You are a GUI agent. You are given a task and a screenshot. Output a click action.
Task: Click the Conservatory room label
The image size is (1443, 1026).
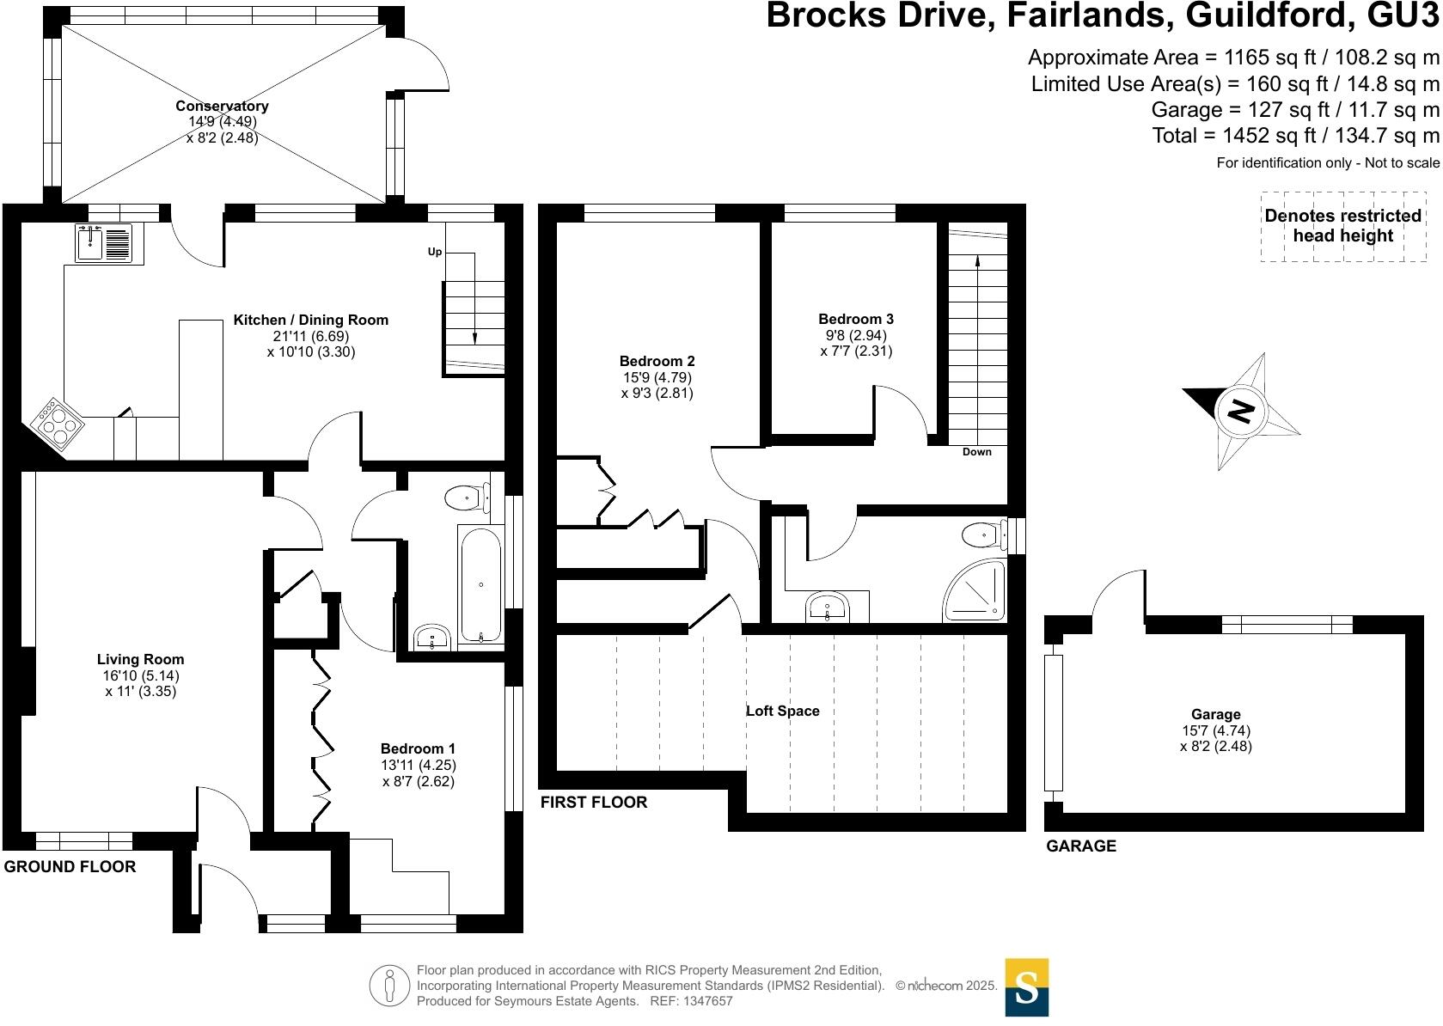coord(222,106)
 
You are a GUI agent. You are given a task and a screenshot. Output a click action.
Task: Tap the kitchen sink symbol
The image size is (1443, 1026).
coord(104,243)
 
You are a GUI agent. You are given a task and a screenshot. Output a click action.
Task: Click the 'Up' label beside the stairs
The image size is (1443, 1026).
coord(435,251)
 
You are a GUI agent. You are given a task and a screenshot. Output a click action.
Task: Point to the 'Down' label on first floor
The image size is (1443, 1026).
coord(976,451)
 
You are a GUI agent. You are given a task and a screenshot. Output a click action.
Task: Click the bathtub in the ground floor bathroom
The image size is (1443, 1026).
coord(480,584)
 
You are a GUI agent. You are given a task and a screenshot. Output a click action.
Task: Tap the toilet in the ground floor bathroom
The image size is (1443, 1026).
coord(467,498)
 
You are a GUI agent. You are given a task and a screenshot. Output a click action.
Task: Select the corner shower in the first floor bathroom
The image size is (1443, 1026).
coord(974,590)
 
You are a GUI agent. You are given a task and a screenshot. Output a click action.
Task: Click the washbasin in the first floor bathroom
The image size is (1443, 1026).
coord(827,608)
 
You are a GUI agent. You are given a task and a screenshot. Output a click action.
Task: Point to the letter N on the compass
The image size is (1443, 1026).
coord(1240,410)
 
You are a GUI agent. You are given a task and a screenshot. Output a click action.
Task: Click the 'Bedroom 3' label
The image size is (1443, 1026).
coord(855,319)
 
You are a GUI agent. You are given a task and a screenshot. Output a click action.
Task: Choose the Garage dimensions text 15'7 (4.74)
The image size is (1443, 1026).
coord(1215,730)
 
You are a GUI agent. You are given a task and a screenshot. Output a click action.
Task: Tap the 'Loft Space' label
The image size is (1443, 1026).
coord(783,711)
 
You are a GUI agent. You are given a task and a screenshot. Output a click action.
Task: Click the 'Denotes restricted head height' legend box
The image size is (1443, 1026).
coord(1343,226)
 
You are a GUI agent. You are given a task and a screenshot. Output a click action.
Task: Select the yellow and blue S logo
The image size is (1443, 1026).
coord(1027,987)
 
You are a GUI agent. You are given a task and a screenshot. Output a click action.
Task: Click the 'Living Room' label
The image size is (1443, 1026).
coord(140,659)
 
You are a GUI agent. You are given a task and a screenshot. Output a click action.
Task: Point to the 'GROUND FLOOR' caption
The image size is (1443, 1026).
coord(70,866)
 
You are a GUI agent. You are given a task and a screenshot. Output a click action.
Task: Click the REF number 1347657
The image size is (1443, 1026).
coord(707,1001)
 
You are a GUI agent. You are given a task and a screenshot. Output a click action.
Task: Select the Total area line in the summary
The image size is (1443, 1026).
coord(1295,136)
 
